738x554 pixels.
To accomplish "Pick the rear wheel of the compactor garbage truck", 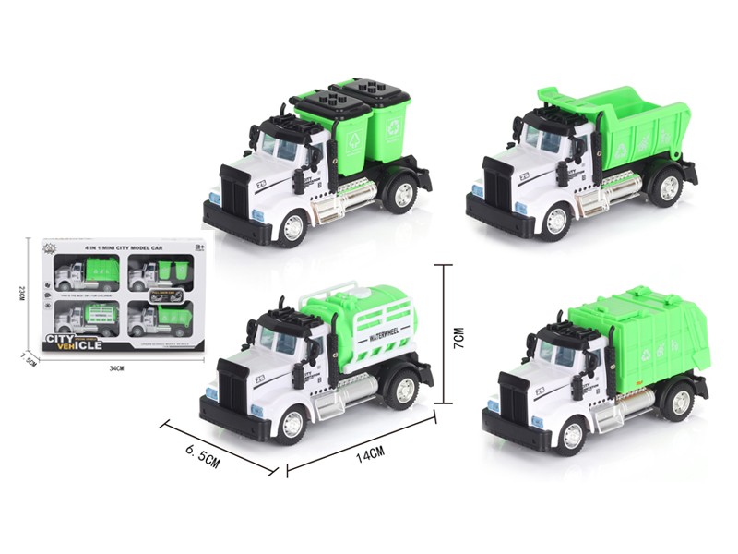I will point(679,401).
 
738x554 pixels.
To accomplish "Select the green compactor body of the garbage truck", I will point(646,342).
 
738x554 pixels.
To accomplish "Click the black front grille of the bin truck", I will point(232,195).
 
